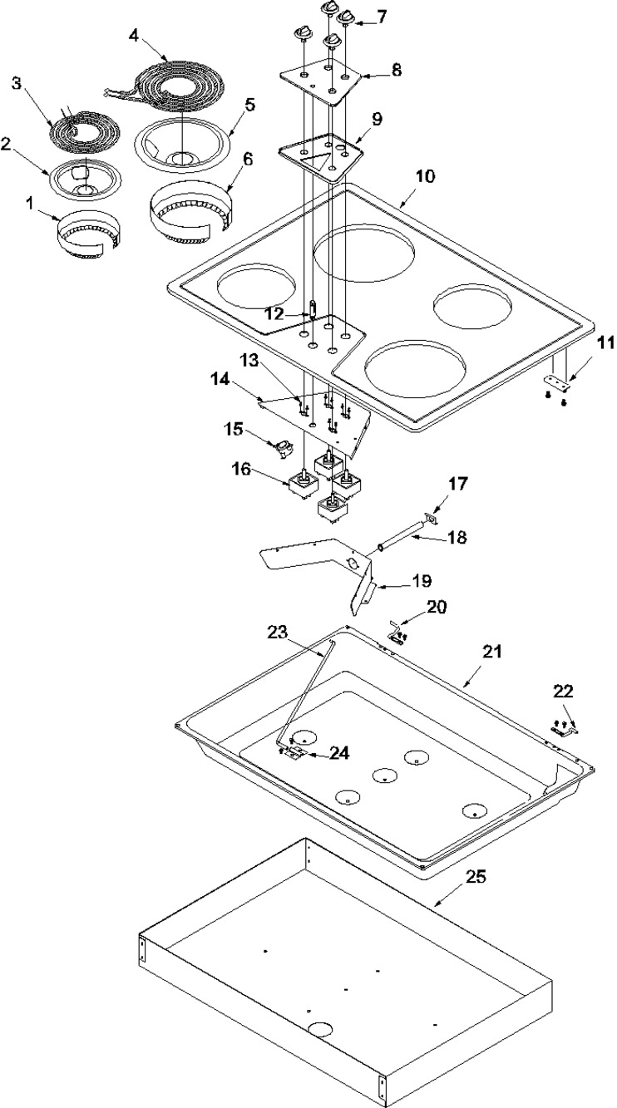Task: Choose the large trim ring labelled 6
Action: pyautogui.click(x=191, y=213)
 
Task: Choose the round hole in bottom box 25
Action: pyautogui.click(x=319, y=1029)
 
